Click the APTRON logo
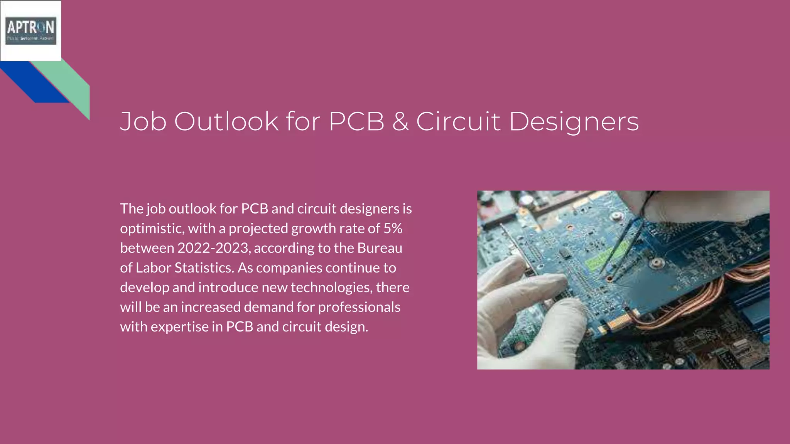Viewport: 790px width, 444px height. pos(31,30)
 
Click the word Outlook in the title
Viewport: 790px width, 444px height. pos(226,121)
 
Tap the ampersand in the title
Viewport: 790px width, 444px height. pos(400,121)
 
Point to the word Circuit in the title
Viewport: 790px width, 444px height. pos(458,121)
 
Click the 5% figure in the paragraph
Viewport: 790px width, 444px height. pos(393,229)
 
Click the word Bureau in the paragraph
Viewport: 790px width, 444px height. pos(380,248)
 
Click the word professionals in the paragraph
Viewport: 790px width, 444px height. pos(359,307)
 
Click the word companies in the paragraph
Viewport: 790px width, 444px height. pos(289,268)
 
